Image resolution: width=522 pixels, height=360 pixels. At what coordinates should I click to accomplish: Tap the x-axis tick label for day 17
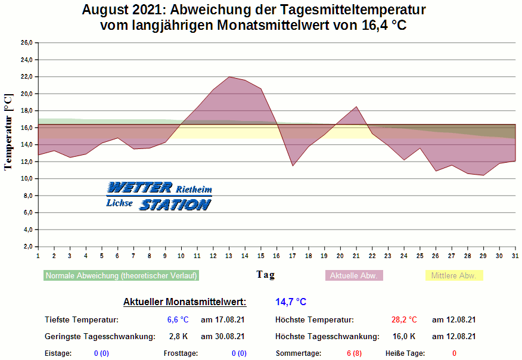293,256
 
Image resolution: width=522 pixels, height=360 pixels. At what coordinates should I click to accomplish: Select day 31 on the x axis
515,256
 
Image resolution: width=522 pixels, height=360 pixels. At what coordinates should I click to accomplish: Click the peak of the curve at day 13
229,77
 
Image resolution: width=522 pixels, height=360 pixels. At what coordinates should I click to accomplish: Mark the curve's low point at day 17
293,166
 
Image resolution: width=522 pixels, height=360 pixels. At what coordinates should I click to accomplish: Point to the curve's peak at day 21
356,107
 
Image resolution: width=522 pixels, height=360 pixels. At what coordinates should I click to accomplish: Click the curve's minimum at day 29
483,175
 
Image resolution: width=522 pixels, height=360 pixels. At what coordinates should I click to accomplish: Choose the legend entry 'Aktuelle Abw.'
353,275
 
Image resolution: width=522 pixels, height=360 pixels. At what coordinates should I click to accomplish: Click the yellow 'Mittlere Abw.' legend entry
453,275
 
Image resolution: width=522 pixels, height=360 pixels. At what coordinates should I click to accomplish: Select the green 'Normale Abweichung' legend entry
121,275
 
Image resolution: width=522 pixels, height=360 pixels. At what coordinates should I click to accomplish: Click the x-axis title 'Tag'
266,275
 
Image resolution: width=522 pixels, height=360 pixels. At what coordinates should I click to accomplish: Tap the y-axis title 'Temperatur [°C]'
8,132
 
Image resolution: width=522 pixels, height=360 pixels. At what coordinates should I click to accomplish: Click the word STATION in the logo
175,204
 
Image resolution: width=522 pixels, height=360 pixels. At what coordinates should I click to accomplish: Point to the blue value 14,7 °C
291,302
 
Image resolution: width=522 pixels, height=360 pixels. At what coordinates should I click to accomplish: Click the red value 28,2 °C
404,320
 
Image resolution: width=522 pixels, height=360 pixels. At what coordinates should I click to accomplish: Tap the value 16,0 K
404,337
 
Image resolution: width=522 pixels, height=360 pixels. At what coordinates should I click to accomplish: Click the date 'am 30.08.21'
223,337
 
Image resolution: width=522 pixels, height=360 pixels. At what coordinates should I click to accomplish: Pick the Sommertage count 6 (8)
354,353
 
